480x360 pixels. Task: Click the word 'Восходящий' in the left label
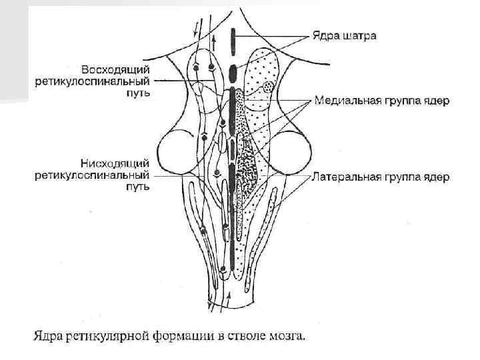click(x=115, y=69)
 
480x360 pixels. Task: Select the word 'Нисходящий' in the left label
click(x=116, y=163)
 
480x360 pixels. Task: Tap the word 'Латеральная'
click(x=345, y=177)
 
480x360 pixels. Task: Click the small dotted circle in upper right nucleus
click(x=268, y=87)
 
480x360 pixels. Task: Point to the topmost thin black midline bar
click(x=232, y=43)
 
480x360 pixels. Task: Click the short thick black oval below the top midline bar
click(x=232, y=72)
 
